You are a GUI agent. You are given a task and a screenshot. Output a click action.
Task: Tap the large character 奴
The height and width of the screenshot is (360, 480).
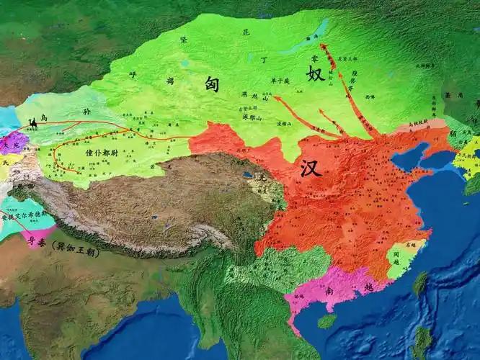pyautogui.click(x=315, y=74)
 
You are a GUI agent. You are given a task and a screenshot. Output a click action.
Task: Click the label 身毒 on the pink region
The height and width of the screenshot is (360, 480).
pyautogui.click(x=35, y=243)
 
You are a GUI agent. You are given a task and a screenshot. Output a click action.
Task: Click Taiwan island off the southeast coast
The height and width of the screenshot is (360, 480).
pyautogui.click(x=419, y=284)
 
